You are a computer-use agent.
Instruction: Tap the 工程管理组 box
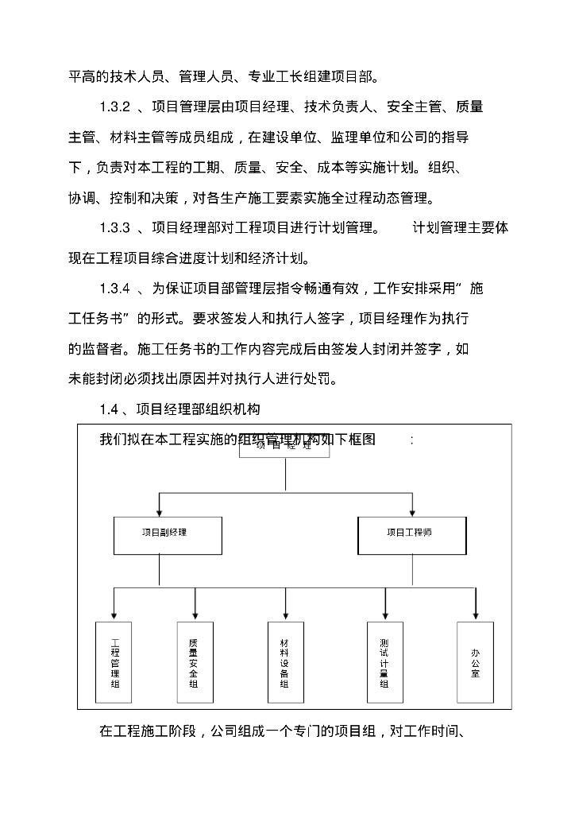click(x=114, y=662)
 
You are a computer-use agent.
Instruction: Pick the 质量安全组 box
click(x=194, y=662)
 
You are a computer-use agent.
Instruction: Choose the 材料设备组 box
click(x=284, y=662)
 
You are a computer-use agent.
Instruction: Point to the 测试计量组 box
click(x=384, y=662)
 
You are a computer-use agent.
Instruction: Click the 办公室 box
click(x=475, y=662)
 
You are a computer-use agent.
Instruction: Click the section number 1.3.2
click(x=115, y=107)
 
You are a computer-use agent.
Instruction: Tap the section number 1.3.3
click(x=115, y=228)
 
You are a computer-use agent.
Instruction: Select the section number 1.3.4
click(x=115, y=289)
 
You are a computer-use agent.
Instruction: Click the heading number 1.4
click(x=109, y=409)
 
